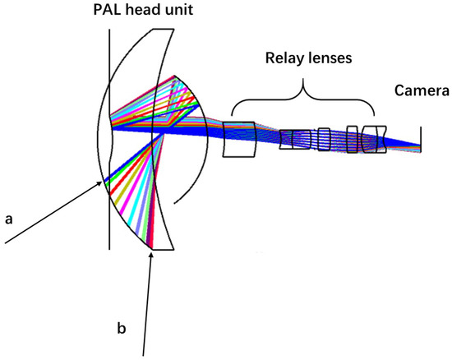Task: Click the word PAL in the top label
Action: point(111,11)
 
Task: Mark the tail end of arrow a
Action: point(5,243)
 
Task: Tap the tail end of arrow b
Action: point(145,355)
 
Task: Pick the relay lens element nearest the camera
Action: point(376,139)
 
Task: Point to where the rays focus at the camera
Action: point(420,148)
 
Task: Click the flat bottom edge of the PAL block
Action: point(162,247)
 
